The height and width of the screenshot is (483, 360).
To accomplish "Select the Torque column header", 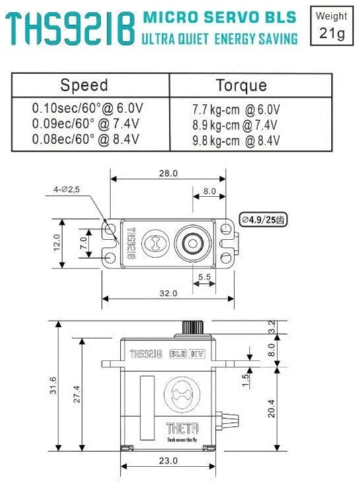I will tap(242, 85).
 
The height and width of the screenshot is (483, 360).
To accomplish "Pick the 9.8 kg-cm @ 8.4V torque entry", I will tap(236, 140).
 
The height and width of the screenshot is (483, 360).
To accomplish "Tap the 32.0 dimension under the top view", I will tap(167, 293).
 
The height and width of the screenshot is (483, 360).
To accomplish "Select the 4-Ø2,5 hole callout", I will tap(67, 190).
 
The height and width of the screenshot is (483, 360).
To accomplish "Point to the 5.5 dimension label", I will tap(204, 277).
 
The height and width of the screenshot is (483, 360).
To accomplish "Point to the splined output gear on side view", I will tap(191, 327).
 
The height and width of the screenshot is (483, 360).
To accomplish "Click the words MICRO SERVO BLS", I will tap(218, 17).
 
